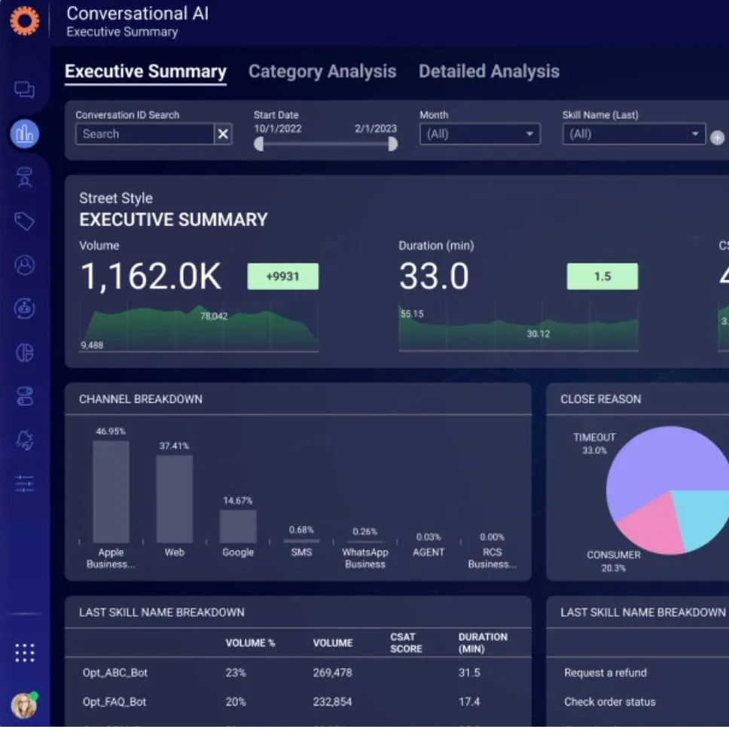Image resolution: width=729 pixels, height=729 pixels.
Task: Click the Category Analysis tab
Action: pos(322,72)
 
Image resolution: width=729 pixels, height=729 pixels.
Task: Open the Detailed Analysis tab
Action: pos(489,72)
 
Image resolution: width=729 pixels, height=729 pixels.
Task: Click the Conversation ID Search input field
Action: pos(145,134)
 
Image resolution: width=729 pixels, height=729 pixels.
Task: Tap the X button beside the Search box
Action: pos(223,134)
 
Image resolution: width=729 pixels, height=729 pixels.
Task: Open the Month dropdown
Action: pos(480,134)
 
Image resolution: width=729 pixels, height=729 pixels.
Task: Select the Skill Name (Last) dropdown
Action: pos(633,134)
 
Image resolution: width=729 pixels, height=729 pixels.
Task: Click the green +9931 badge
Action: pos(282,276)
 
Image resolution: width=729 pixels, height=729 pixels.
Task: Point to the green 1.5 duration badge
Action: pos(602,276)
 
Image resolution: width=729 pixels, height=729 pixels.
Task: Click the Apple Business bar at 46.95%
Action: pos(111,492)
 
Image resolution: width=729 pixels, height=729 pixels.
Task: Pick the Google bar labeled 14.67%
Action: pos(238,526)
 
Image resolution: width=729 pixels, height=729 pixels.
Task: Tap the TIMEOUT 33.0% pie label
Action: pos(594,444)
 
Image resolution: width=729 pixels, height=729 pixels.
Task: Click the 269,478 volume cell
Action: pos(332,673)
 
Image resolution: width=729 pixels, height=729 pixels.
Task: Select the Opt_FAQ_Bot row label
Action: pos(114,702)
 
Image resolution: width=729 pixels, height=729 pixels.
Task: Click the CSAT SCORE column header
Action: pos(406,642)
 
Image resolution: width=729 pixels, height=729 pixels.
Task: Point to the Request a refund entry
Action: pos(605,673)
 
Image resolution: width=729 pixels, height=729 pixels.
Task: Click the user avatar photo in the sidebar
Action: pos(24,705)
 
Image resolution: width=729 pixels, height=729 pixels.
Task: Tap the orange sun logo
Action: pos(24,21)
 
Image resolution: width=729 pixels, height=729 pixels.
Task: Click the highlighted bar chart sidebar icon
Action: pos(25,134)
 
